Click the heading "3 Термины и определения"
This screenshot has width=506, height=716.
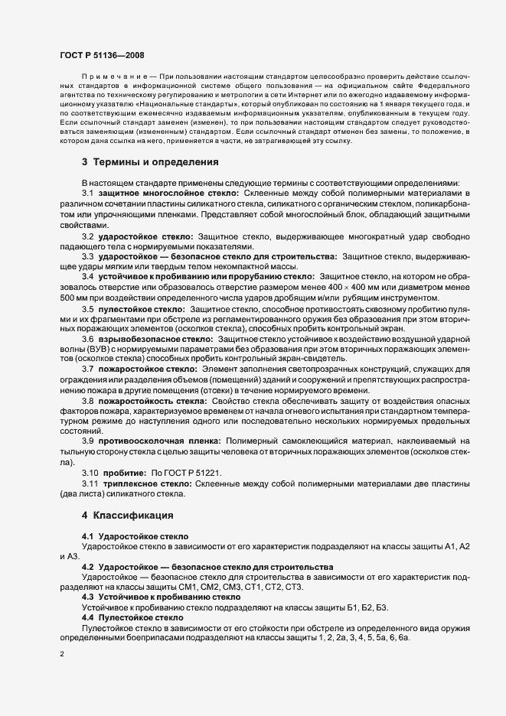click(x=140, y=161)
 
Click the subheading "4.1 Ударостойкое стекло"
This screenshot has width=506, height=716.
click(x=135, y=536)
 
